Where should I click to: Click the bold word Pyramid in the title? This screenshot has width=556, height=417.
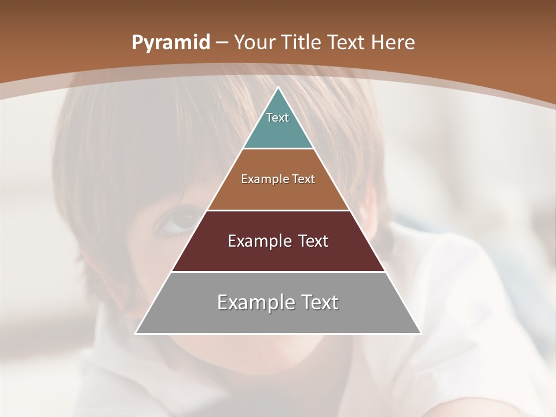(x=170, y=42)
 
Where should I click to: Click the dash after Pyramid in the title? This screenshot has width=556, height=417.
(x=222, y=43)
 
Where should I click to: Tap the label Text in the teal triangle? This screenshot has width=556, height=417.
(x=277, y=118)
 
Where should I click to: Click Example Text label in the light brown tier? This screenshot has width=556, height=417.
(x=278, y=179)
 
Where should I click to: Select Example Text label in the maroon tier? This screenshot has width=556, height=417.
(x=278, y=241)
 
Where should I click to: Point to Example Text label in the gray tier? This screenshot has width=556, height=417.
(x=278, y=302)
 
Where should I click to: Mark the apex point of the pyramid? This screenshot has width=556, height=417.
(x=279, y=88)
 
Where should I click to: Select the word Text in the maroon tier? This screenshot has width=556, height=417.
(x=313, y=241)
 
